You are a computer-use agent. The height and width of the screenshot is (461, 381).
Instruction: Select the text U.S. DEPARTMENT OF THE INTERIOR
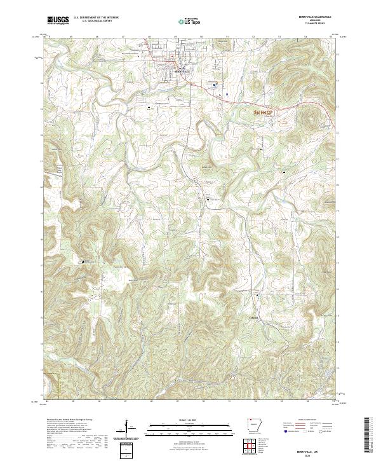pos(96,18)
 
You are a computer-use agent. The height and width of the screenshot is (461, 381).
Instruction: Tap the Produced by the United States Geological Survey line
pos(70,421)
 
